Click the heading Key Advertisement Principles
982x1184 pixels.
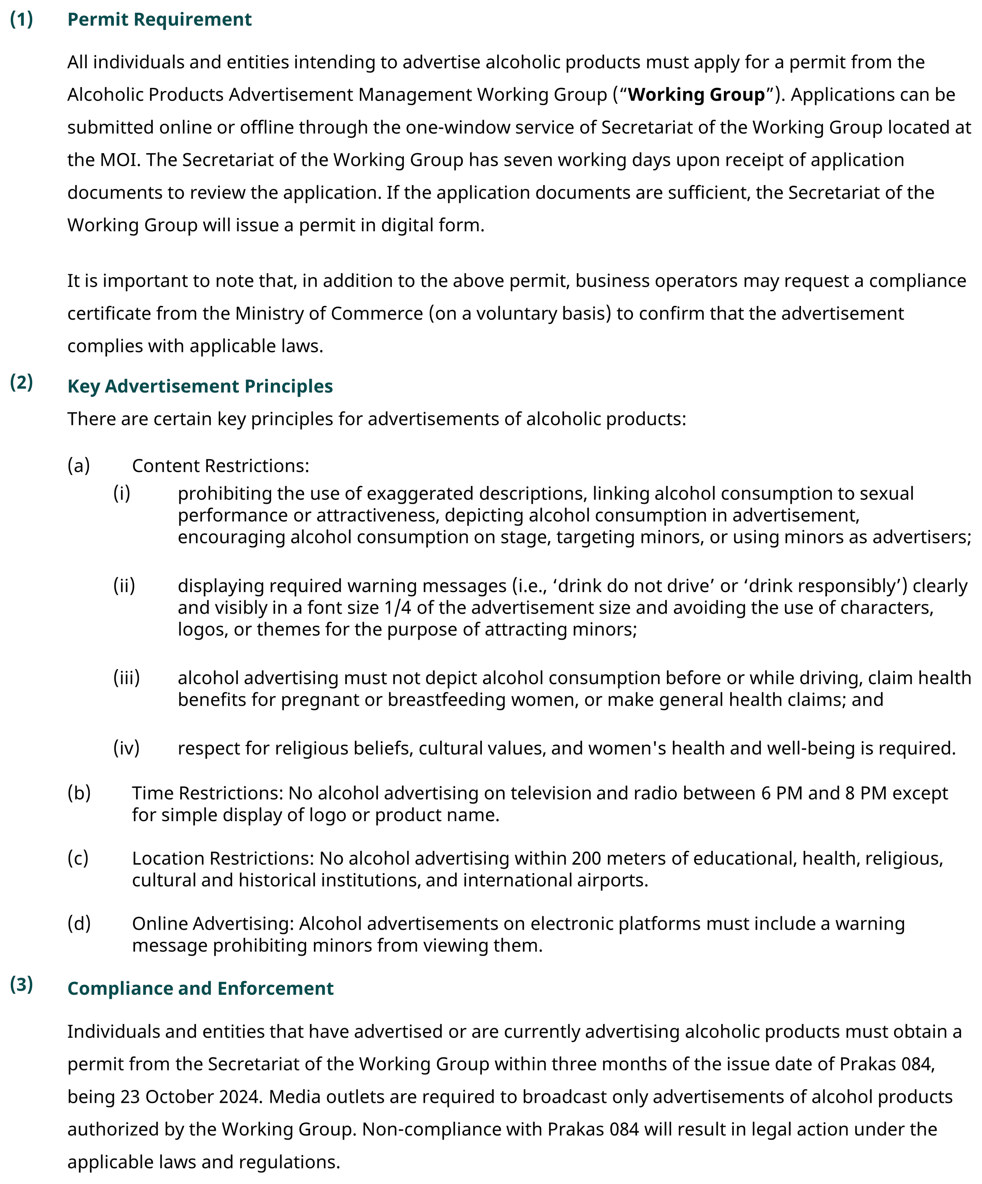point(200,386)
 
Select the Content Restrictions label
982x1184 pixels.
point(221,466)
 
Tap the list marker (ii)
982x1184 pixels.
point(124,586)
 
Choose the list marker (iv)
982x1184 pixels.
point(126,748)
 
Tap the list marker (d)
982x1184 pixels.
point(79,923)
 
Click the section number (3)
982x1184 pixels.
point(21,984)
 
